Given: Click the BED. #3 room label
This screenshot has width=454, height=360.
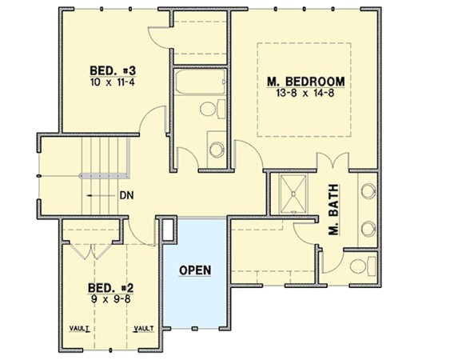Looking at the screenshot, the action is click(113, 70).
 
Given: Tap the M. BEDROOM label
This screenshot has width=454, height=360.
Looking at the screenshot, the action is click(306, 82).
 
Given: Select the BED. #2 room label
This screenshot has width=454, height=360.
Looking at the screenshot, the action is click(111, 288).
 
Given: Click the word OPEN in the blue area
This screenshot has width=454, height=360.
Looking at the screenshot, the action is click(195, 270).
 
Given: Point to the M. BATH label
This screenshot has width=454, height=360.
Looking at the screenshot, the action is click(333, 210).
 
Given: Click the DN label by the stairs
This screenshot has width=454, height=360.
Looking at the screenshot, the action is click(127, 196).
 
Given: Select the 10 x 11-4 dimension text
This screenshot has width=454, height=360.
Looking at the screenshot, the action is click(113, 82).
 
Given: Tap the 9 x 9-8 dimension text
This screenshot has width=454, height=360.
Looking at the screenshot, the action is click(111, 299).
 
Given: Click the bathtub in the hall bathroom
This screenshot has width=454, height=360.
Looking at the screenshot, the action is click(200, 82).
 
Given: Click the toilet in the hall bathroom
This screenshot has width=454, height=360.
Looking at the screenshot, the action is click(213, 109).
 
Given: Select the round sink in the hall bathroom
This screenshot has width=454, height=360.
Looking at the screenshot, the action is click(217, 150).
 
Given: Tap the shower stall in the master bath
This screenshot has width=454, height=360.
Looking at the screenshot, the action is click(293, 194).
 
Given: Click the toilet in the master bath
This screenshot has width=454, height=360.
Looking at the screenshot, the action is click(363, 266).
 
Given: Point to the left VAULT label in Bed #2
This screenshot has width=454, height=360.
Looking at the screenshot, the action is click(80, 329).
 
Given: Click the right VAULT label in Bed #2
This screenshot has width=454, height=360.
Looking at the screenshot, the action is click(144, 329).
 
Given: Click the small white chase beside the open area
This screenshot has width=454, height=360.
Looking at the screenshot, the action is click(167, 230).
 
